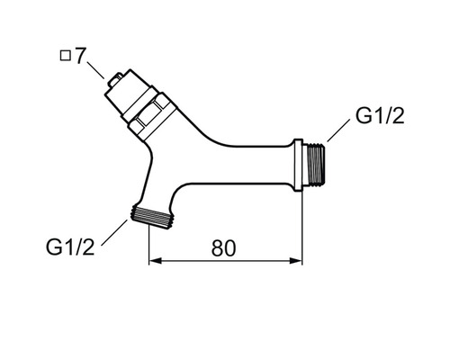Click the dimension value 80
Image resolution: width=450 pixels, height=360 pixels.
click(x=223, y=248)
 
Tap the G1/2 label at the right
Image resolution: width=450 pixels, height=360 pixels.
click(x=380, y=116)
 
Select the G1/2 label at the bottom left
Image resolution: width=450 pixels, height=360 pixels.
click(x=70, y=247)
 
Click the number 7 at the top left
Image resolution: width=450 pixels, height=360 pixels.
click(x=79, y=56)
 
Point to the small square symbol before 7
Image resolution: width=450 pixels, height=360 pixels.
click(x=65, y=56)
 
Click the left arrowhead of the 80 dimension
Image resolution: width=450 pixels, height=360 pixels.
click(x=156, y=261)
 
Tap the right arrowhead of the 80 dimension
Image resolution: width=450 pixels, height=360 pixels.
click(x=296, y=261)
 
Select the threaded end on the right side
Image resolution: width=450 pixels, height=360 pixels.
click(x=314, y=164)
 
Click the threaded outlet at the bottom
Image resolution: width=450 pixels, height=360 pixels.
click(x=151, y=218)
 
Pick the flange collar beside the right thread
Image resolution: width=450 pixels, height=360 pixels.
click(x=298, y=165)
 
